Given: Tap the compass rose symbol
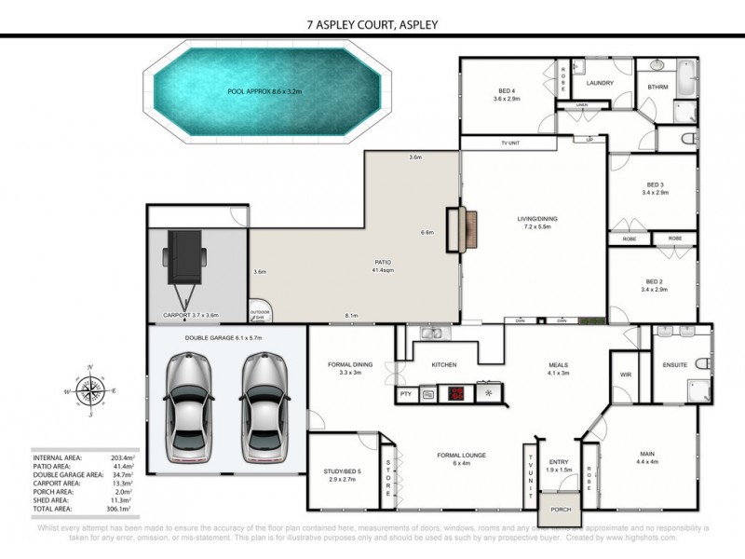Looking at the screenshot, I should point(89,391).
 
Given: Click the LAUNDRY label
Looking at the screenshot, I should point(599,83).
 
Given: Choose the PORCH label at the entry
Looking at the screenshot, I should point(561,510).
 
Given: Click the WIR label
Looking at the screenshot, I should point(626,375).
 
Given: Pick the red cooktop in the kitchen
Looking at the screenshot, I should point(456,393).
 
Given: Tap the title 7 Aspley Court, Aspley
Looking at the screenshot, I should point(372,25).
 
